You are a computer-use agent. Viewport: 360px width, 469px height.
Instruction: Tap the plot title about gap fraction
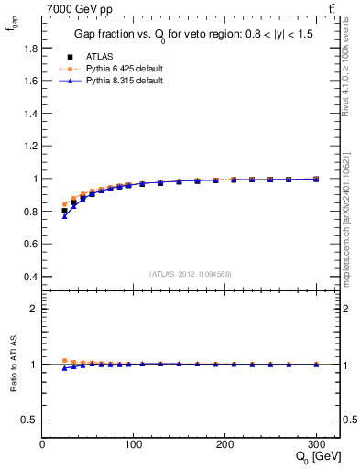click(x=191, y=37)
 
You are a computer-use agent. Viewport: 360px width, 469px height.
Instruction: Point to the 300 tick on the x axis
click(x=316, y=444)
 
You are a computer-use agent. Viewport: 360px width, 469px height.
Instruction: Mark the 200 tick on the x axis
click(x=224, y=444)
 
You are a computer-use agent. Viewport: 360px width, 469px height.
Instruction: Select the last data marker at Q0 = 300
click(x=316, y=179)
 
